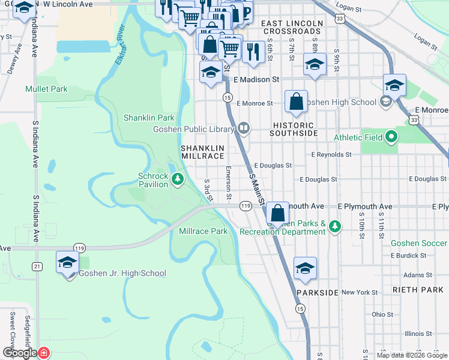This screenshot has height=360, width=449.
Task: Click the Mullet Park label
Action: coord(46,89)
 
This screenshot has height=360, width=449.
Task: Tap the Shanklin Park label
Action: coord(149,118)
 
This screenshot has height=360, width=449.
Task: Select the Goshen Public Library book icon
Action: coord(243,128)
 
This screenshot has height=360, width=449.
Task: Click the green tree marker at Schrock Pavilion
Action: coord(178,179)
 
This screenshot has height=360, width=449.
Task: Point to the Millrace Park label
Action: coord(203,231)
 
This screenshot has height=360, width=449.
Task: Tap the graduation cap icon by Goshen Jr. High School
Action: coord(68,262)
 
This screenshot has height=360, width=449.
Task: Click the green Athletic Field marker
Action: coord(392,137)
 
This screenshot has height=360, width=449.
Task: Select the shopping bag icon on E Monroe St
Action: coord(297,101)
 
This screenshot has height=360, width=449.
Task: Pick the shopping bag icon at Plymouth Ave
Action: coord(277,212)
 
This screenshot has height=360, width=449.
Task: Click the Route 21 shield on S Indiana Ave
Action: coord(37,266)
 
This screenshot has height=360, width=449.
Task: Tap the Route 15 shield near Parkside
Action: coord(300,308)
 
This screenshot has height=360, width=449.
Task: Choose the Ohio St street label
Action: coord(382,314)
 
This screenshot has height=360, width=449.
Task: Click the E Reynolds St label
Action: coord(331,155)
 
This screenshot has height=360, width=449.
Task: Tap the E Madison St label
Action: coord(257,79)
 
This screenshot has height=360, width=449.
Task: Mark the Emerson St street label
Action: coord(229,183)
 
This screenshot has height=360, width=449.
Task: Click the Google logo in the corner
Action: coord(20,353)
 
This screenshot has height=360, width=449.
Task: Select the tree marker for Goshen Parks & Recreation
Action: coord(335,227)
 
